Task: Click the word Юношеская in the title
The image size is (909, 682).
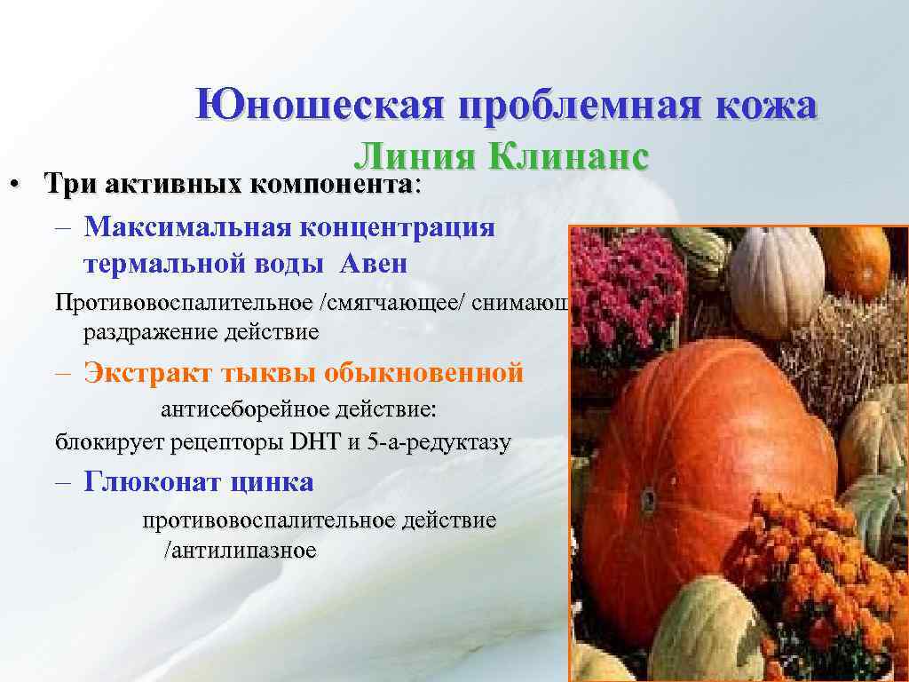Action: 320,106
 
